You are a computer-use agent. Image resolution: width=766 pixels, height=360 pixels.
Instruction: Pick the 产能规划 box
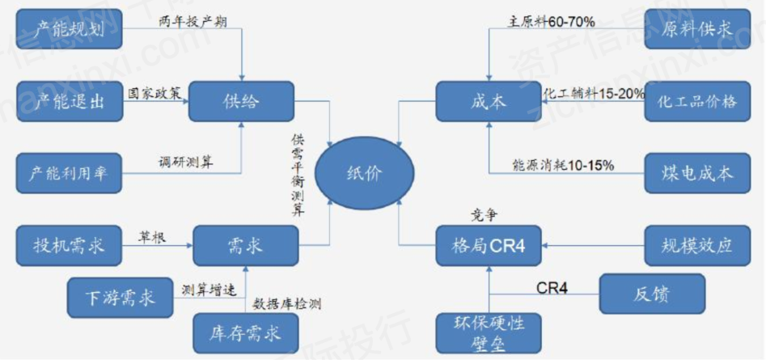coord(68,31)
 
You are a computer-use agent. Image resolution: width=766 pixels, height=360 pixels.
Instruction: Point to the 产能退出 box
coord(68,102)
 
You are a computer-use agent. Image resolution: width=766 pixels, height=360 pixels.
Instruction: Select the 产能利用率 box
coord(68,172)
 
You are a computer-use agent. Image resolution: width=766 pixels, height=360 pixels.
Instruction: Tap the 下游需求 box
coord(121,295)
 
